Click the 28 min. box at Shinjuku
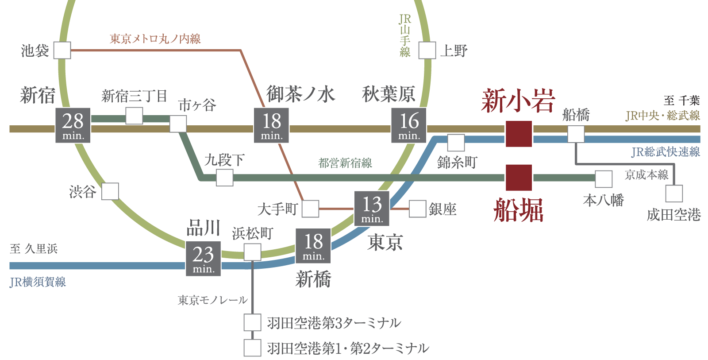[73, 125]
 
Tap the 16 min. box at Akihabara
[409, 125]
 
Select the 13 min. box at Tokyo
[372, 208]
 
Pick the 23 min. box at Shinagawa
[203, 259]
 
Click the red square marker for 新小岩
[519, 134]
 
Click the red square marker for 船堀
[519, 178]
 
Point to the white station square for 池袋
[62, 50]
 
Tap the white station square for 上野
[427, 50]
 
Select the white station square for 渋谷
[110, 191]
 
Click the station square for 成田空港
[674, 194]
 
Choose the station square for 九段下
[224, 178]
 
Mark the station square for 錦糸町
[456, 143]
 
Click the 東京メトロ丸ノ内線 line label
[155, 39]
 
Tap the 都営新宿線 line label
[345, 163]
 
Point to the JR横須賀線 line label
[38, 282]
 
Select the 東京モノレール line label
[212, 300]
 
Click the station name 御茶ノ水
[300, 94]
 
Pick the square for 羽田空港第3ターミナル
[252, 323]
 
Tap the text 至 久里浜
[34, 249]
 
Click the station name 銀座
[442, 209]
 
